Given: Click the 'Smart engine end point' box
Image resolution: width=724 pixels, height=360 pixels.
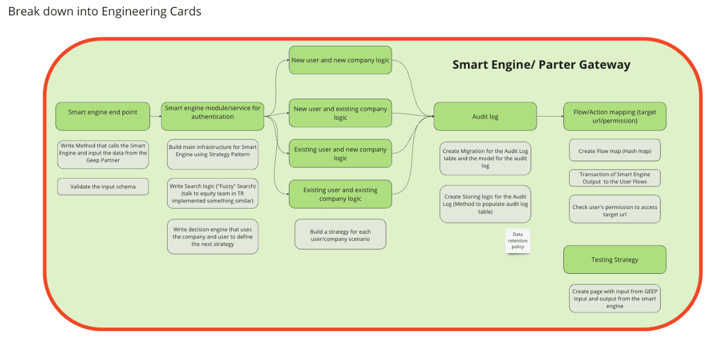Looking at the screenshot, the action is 103,117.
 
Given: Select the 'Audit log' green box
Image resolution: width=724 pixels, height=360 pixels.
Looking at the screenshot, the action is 485,117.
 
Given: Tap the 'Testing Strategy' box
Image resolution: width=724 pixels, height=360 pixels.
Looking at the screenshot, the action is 615,259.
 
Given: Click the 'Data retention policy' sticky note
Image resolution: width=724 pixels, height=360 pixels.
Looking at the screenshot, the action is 517,241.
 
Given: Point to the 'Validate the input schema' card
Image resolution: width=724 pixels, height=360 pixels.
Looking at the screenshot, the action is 103,186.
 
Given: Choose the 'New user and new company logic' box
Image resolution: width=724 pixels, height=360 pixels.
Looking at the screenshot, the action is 340,60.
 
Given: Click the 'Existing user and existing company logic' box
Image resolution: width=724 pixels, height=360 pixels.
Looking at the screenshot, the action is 340,194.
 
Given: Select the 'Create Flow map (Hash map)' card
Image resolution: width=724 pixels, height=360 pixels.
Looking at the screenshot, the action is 615,150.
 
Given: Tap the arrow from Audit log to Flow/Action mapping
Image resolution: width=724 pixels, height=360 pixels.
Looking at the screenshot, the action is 550,117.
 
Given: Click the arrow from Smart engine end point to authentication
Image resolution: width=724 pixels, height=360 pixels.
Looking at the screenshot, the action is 156,117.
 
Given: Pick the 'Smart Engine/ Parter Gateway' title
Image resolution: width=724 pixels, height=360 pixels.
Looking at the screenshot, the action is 542,65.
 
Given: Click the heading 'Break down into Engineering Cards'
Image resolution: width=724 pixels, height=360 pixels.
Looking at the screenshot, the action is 105,11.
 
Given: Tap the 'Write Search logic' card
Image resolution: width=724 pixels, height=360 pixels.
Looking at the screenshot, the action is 213,193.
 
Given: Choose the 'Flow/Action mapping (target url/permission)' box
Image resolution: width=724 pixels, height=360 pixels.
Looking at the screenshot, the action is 615,117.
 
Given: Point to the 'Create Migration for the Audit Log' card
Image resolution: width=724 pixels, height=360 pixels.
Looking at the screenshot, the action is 485,158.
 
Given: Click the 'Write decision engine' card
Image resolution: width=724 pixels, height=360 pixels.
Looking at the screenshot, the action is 213,237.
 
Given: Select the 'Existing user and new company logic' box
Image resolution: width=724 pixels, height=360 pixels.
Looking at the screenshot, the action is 340,154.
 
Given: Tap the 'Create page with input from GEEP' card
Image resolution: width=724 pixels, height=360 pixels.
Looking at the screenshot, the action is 615,298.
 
